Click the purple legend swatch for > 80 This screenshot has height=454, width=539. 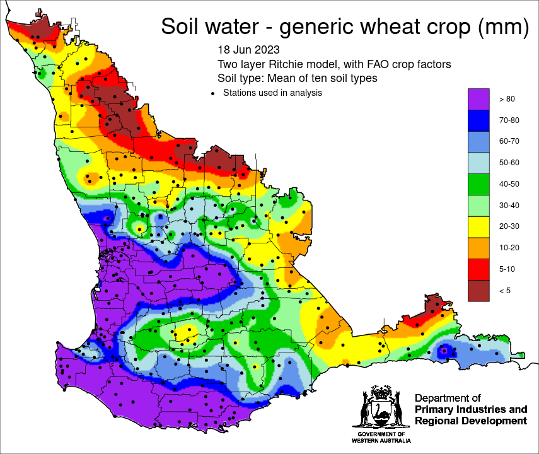[x=479, y=98]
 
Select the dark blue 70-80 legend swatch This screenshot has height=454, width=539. [x=479, y=120]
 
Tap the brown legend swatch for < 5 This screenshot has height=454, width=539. [x=479, y=290]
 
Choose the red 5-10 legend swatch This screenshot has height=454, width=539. [x=479, y=269]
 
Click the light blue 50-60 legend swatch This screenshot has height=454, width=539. [x=479, y=162]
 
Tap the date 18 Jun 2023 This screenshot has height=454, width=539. [x=248, y=49]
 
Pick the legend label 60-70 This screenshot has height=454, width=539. [x=509, y=141]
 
